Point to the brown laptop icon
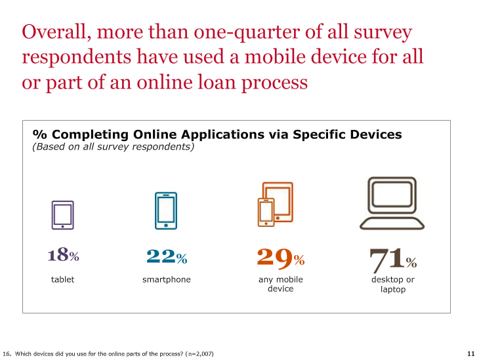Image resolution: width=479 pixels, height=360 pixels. tap(392, 227)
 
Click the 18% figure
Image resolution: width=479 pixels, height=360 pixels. tap(63, 254)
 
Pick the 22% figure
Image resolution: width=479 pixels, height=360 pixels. tap(167, 256)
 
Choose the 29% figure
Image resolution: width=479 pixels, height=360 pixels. tap(280, 258)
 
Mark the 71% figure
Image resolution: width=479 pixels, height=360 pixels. tap(393, 260)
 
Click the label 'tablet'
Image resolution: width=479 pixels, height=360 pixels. tap(62, 279)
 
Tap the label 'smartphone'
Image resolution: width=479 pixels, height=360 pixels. tap(167, 279)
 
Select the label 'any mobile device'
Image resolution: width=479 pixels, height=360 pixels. tap(281, 284)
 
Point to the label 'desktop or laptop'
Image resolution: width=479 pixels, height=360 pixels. tap(393, 285)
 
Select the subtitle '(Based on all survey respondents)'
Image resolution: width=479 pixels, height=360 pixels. tap(114, 147)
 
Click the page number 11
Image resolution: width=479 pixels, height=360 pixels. tap(470, 353)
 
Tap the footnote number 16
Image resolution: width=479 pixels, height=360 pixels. tap(7, 354)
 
